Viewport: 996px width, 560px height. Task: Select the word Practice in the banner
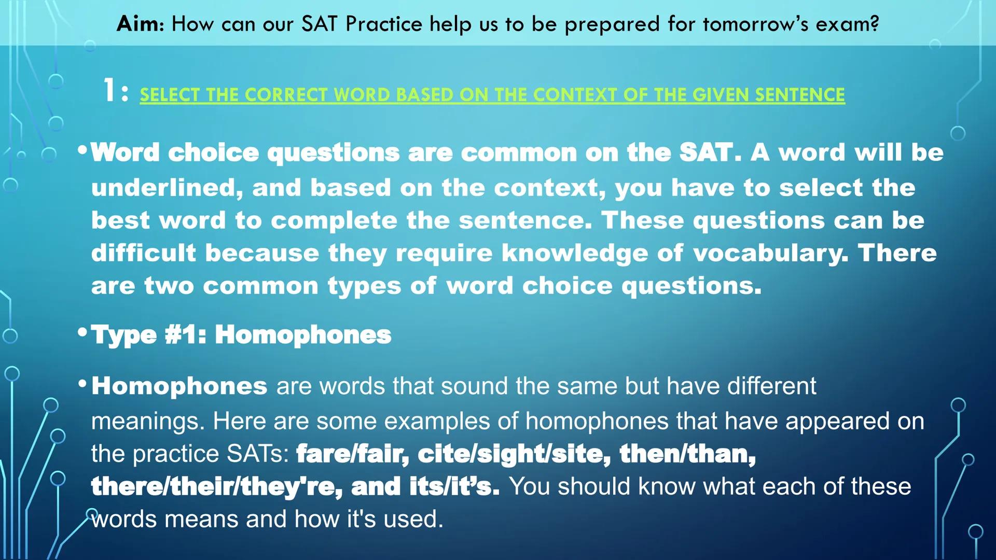click(x=384, y=24)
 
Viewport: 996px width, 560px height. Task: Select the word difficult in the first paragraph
click(x=144, y=254)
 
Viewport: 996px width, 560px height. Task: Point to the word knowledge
click(x=575, y=254)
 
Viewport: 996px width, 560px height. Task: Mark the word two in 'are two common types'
click(x=169, y=286)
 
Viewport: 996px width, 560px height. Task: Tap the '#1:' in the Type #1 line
click(x=185, y=335)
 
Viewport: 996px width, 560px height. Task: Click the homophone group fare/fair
click(x=352, y=454)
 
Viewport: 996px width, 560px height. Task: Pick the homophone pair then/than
click(x=687, y=454)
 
